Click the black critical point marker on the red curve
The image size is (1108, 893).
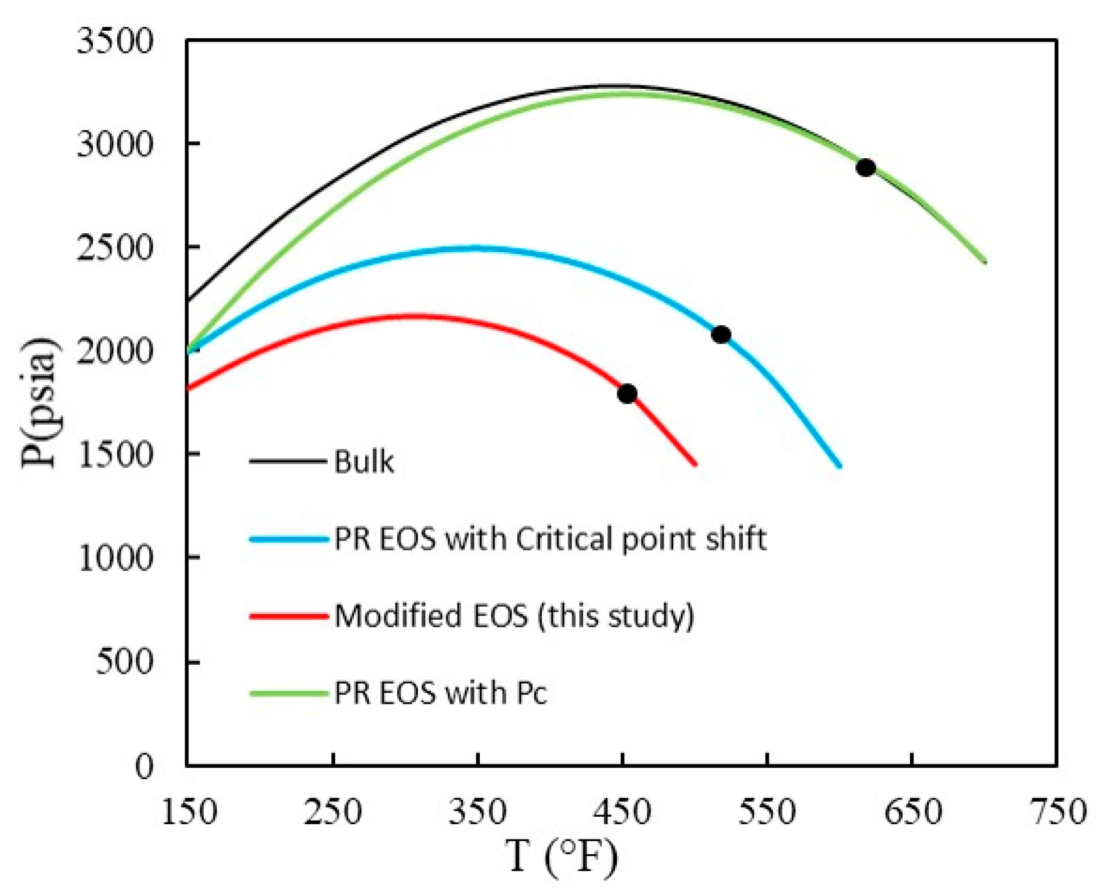627,393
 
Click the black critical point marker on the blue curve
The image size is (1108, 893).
720,334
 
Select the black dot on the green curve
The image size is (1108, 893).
865,167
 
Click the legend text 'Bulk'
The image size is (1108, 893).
363,461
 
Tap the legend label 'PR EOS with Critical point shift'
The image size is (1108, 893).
550,538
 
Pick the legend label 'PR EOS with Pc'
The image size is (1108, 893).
440,693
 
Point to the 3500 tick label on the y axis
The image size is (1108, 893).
115,41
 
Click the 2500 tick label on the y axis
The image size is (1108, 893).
115,248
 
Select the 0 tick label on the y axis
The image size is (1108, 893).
144,766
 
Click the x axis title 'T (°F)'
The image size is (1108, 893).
561,857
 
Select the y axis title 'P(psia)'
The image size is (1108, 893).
39,402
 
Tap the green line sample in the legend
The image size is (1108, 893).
289,693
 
